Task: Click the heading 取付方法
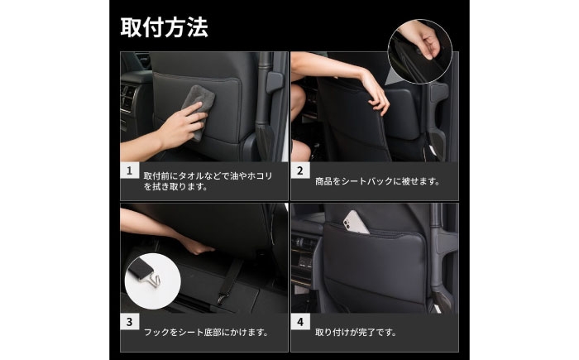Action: pos(165,27)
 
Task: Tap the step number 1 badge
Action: pos(130,170)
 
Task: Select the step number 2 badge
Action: pos(300,170)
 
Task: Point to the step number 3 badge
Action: pos(130,322)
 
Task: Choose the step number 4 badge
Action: pos(300,322)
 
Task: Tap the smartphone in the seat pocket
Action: pos(355,223)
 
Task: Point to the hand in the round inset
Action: pos(423,39)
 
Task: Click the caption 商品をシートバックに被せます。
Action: pos(377,181)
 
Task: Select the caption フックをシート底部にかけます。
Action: pos(206,333)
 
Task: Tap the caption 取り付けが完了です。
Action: pos(356,333)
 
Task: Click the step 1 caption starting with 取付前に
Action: pos(208,181)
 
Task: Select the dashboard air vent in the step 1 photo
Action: pos(127,98)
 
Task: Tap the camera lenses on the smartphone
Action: pos(347,223)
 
